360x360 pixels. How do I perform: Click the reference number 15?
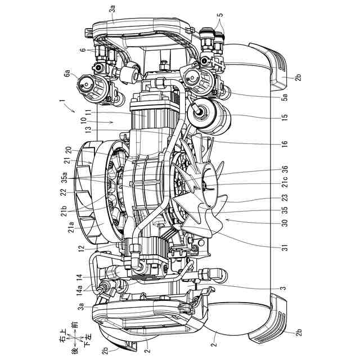[x=285, y=116]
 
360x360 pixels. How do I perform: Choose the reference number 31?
[x=285, y=247]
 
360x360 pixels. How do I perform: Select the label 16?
[x=285, y=144]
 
